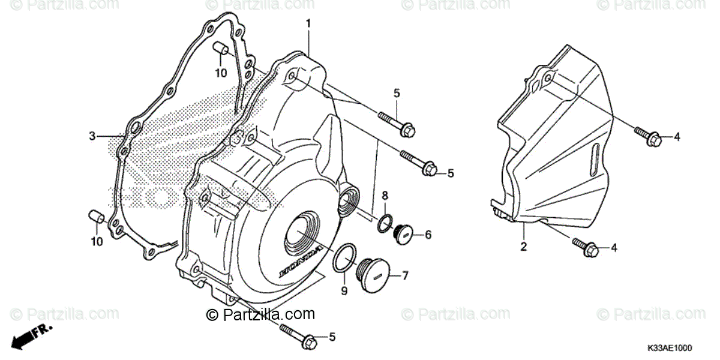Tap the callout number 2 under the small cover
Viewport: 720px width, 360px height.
point(523,247)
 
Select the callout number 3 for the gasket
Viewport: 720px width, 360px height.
point(92,136)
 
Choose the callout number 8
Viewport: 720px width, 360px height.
point(385,195)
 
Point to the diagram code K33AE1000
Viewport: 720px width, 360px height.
point(670,348)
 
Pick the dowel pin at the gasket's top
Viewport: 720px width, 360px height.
point(221,47)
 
